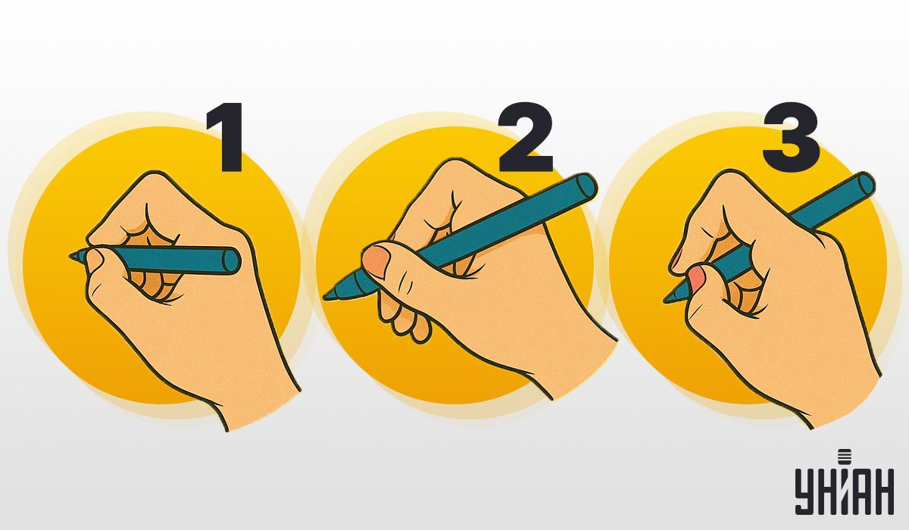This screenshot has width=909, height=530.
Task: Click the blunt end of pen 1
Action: (232, 260)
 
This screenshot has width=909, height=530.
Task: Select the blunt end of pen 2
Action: (587, 187)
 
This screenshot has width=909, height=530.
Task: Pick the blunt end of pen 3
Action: (864, 185)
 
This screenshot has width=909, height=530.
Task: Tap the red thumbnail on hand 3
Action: (696, 278)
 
